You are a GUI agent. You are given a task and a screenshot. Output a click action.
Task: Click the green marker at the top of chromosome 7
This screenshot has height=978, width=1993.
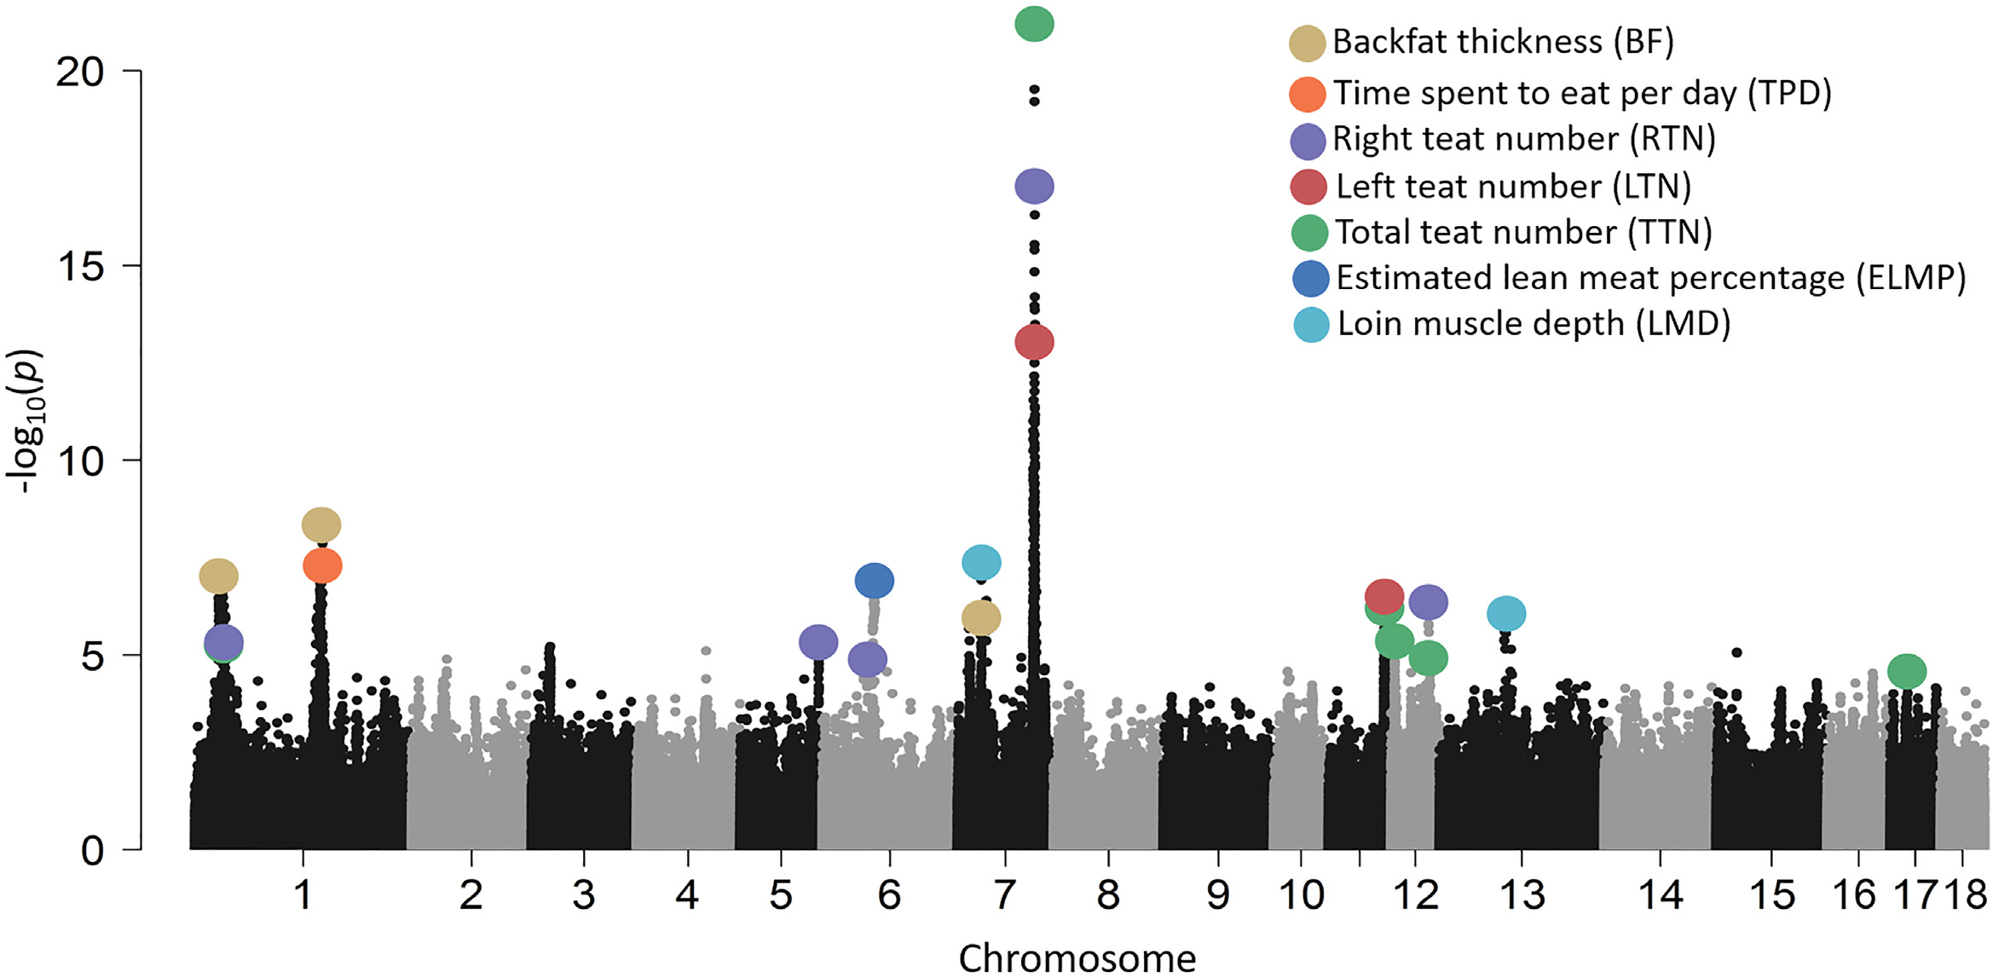point(1034,23)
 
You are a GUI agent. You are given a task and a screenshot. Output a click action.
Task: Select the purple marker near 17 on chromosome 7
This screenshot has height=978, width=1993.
point(1034,186)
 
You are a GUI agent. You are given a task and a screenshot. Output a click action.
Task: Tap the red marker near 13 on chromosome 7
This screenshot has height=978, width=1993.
point(1034,342)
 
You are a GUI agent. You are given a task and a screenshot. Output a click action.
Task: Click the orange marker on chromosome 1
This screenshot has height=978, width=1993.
point(322,565)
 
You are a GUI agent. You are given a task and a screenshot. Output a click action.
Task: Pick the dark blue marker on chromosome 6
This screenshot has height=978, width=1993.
point(874,581)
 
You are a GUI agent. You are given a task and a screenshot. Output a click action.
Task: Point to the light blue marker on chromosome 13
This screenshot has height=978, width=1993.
point(1506,613)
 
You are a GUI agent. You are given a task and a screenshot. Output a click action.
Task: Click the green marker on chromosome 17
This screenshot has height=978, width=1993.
point(1907,671)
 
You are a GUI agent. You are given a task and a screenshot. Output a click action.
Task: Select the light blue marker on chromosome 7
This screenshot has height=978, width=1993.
point(981,562)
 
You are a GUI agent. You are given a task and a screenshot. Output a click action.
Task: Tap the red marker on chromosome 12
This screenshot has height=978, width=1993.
point(1384,595)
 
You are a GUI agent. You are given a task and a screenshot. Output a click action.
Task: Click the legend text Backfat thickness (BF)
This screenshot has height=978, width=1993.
point(1503,42)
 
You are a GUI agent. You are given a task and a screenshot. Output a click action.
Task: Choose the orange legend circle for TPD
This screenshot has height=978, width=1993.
point(1307,94)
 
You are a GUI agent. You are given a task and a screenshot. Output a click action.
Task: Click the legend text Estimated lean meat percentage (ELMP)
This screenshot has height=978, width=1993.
point(1650,278)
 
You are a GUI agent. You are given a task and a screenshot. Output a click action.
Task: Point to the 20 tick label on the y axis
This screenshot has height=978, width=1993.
point(80,72)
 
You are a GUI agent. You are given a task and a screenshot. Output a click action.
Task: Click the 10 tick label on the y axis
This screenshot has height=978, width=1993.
point(80,461)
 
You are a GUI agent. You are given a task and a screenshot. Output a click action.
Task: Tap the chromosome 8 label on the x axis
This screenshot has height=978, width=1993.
point(1108,894)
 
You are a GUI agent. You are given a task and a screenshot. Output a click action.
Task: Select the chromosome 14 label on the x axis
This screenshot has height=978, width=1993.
point(1661,894)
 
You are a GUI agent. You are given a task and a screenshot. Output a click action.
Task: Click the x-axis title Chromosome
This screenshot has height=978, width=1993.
point(1077,958)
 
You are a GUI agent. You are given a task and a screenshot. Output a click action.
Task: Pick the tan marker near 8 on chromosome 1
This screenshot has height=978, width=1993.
point(321,524)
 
